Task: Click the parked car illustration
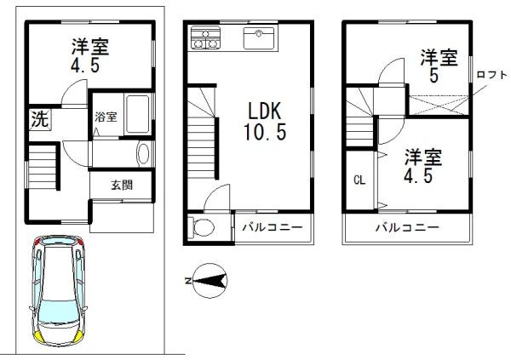point(58,291)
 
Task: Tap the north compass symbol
point(210,281)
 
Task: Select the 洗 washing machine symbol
point(40,119)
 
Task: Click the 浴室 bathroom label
point(106,117)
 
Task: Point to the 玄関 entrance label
point(122,185)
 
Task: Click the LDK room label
point(264,111)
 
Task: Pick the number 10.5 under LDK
point(265,132)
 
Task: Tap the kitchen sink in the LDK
point(259,38)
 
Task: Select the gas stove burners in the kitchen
point(205,37)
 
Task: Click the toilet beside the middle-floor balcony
point(201,226)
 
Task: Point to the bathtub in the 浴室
point(137,114)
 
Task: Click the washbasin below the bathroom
point(144,154)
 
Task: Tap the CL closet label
point(359,180)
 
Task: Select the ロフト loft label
point(491,75)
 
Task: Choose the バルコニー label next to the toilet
point(273,227)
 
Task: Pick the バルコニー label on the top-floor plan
point(407,227)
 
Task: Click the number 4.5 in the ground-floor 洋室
point(85,66)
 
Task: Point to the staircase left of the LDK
point(201,132)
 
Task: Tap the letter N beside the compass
point(188,281)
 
